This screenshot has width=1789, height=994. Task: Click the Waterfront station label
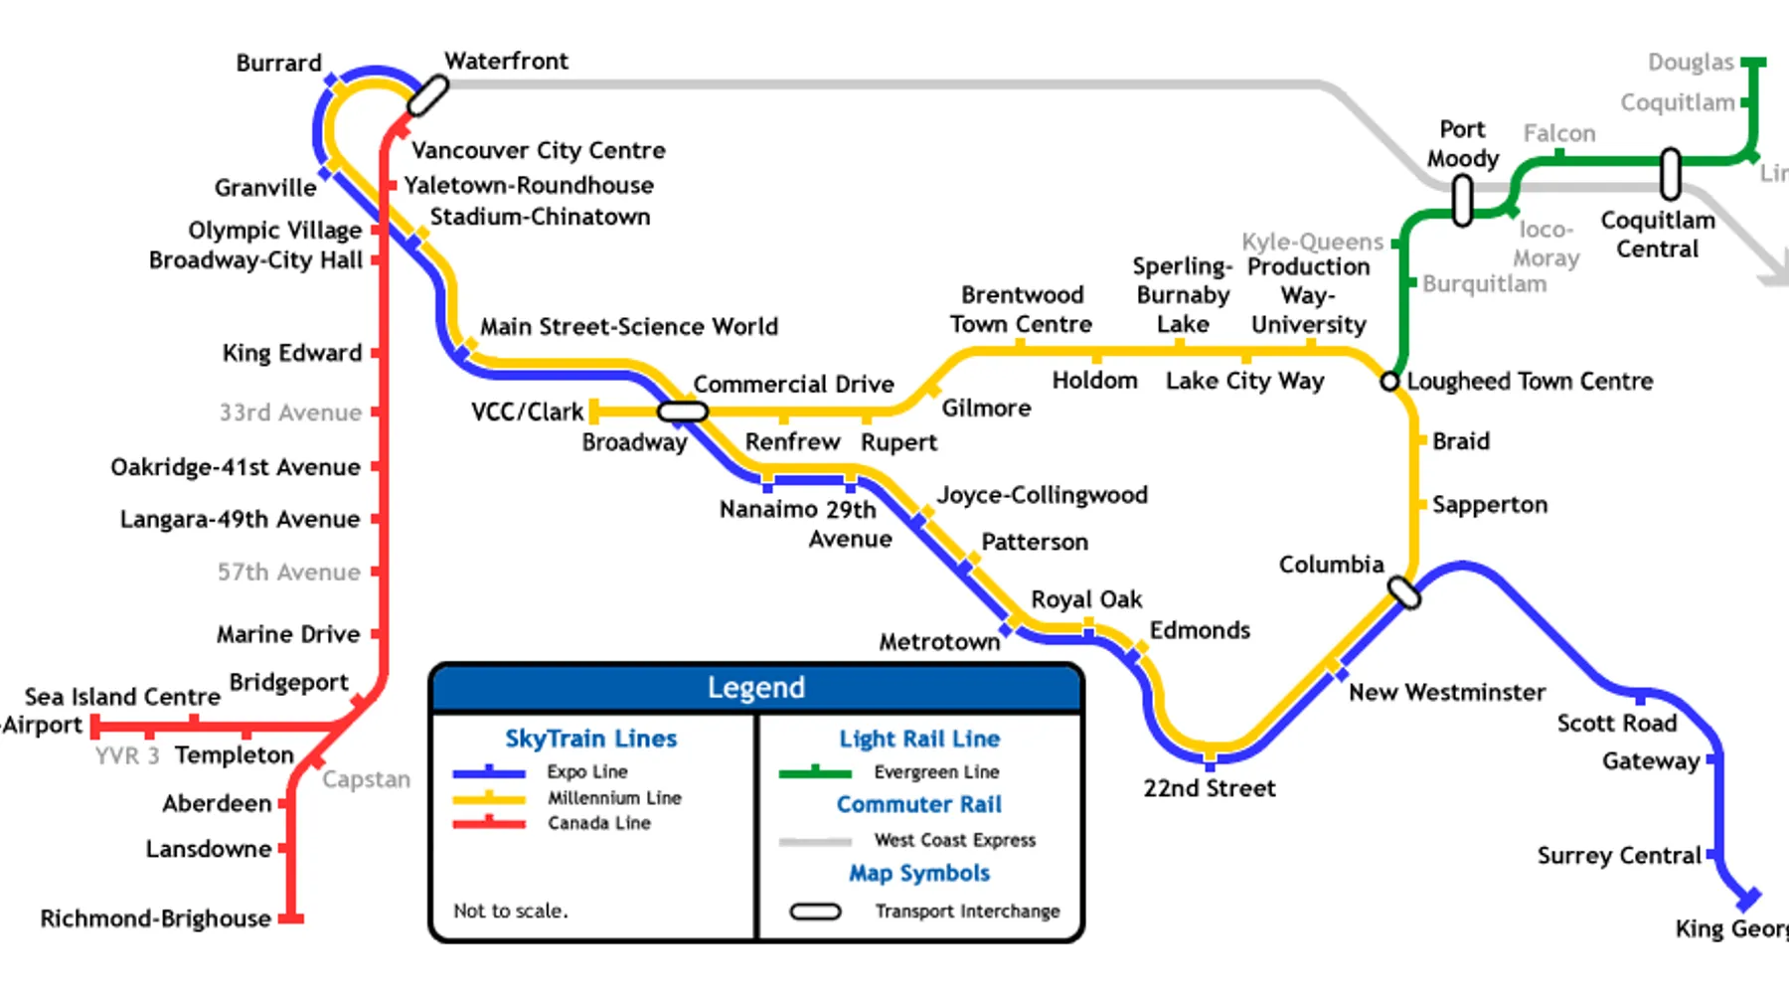[506, 62]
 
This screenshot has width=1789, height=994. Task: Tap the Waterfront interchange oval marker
[428, 96]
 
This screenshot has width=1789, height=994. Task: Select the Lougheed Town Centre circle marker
[1389, 381]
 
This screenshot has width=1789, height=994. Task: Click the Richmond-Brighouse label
[155, 918]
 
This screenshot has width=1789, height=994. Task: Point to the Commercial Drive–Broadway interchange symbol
[683, 411]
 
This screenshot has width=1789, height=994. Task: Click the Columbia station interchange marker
[1403, 592]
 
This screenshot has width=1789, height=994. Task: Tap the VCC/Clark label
[527, 412]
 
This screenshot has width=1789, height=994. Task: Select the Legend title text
[755, 688]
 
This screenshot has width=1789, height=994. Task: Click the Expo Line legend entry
[586, 771]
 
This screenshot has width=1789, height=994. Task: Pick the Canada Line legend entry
[598, 823]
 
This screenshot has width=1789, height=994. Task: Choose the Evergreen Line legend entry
[936, 772]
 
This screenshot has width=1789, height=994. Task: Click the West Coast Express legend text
[954, 841]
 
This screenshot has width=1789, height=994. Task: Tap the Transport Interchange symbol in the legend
[815, 911]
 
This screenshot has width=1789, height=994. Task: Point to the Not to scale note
[511, 911]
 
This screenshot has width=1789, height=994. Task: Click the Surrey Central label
[1619, 856]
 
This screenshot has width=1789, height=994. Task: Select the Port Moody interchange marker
[1462, 200]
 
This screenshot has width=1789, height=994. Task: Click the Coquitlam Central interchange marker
[1671, 174]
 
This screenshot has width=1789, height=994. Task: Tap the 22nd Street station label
[1209, 788]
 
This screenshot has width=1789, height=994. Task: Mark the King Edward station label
[292, 353]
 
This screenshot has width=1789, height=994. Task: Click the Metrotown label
[939, 642]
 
